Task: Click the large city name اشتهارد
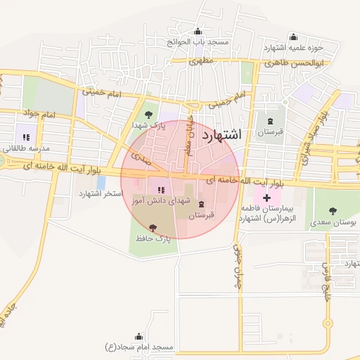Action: tap(221, 135)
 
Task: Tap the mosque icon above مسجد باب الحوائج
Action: tap(197, 31)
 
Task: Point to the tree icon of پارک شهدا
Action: tap(148, 114)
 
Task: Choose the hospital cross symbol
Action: tap(266, 199)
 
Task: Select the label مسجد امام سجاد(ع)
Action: tap(139, 347)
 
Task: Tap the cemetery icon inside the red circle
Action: tap(202, 204)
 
